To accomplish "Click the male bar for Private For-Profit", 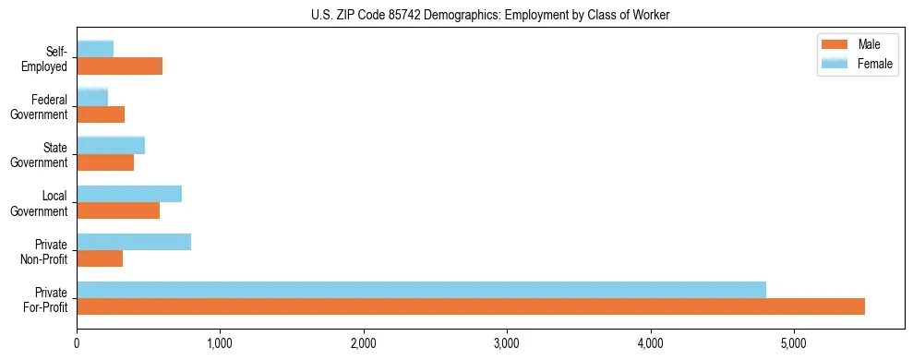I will click(471, 306).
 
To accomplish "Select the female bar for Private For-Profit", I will click(421, 290).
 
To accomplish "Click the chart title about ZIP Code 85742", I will click(490, 16).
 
